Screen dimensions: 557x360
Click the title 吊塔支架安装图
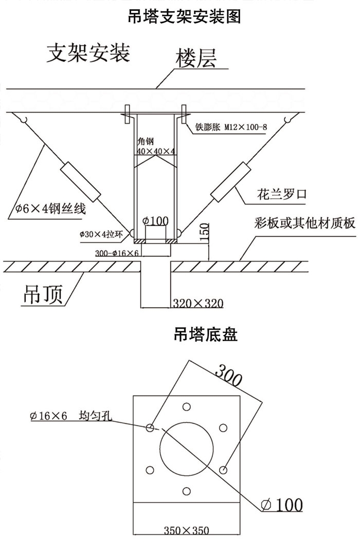pyautogui.click(x=184, y=17)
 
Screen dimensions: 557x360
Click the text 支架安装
pyautogui.click(x=88, y=53)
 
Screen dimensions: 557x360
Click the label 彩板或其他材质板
pyautogui.click(x=298, y=222)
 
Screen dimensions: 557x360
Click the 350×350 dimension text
pyautogui.click(x=186, y=530)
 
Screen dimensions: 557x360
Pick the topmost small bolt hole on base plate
pyautogui.click(x=186, y=406)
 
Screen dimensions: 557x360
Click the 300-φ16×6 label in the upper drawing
pyautogui.click(x=118, y=253)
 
